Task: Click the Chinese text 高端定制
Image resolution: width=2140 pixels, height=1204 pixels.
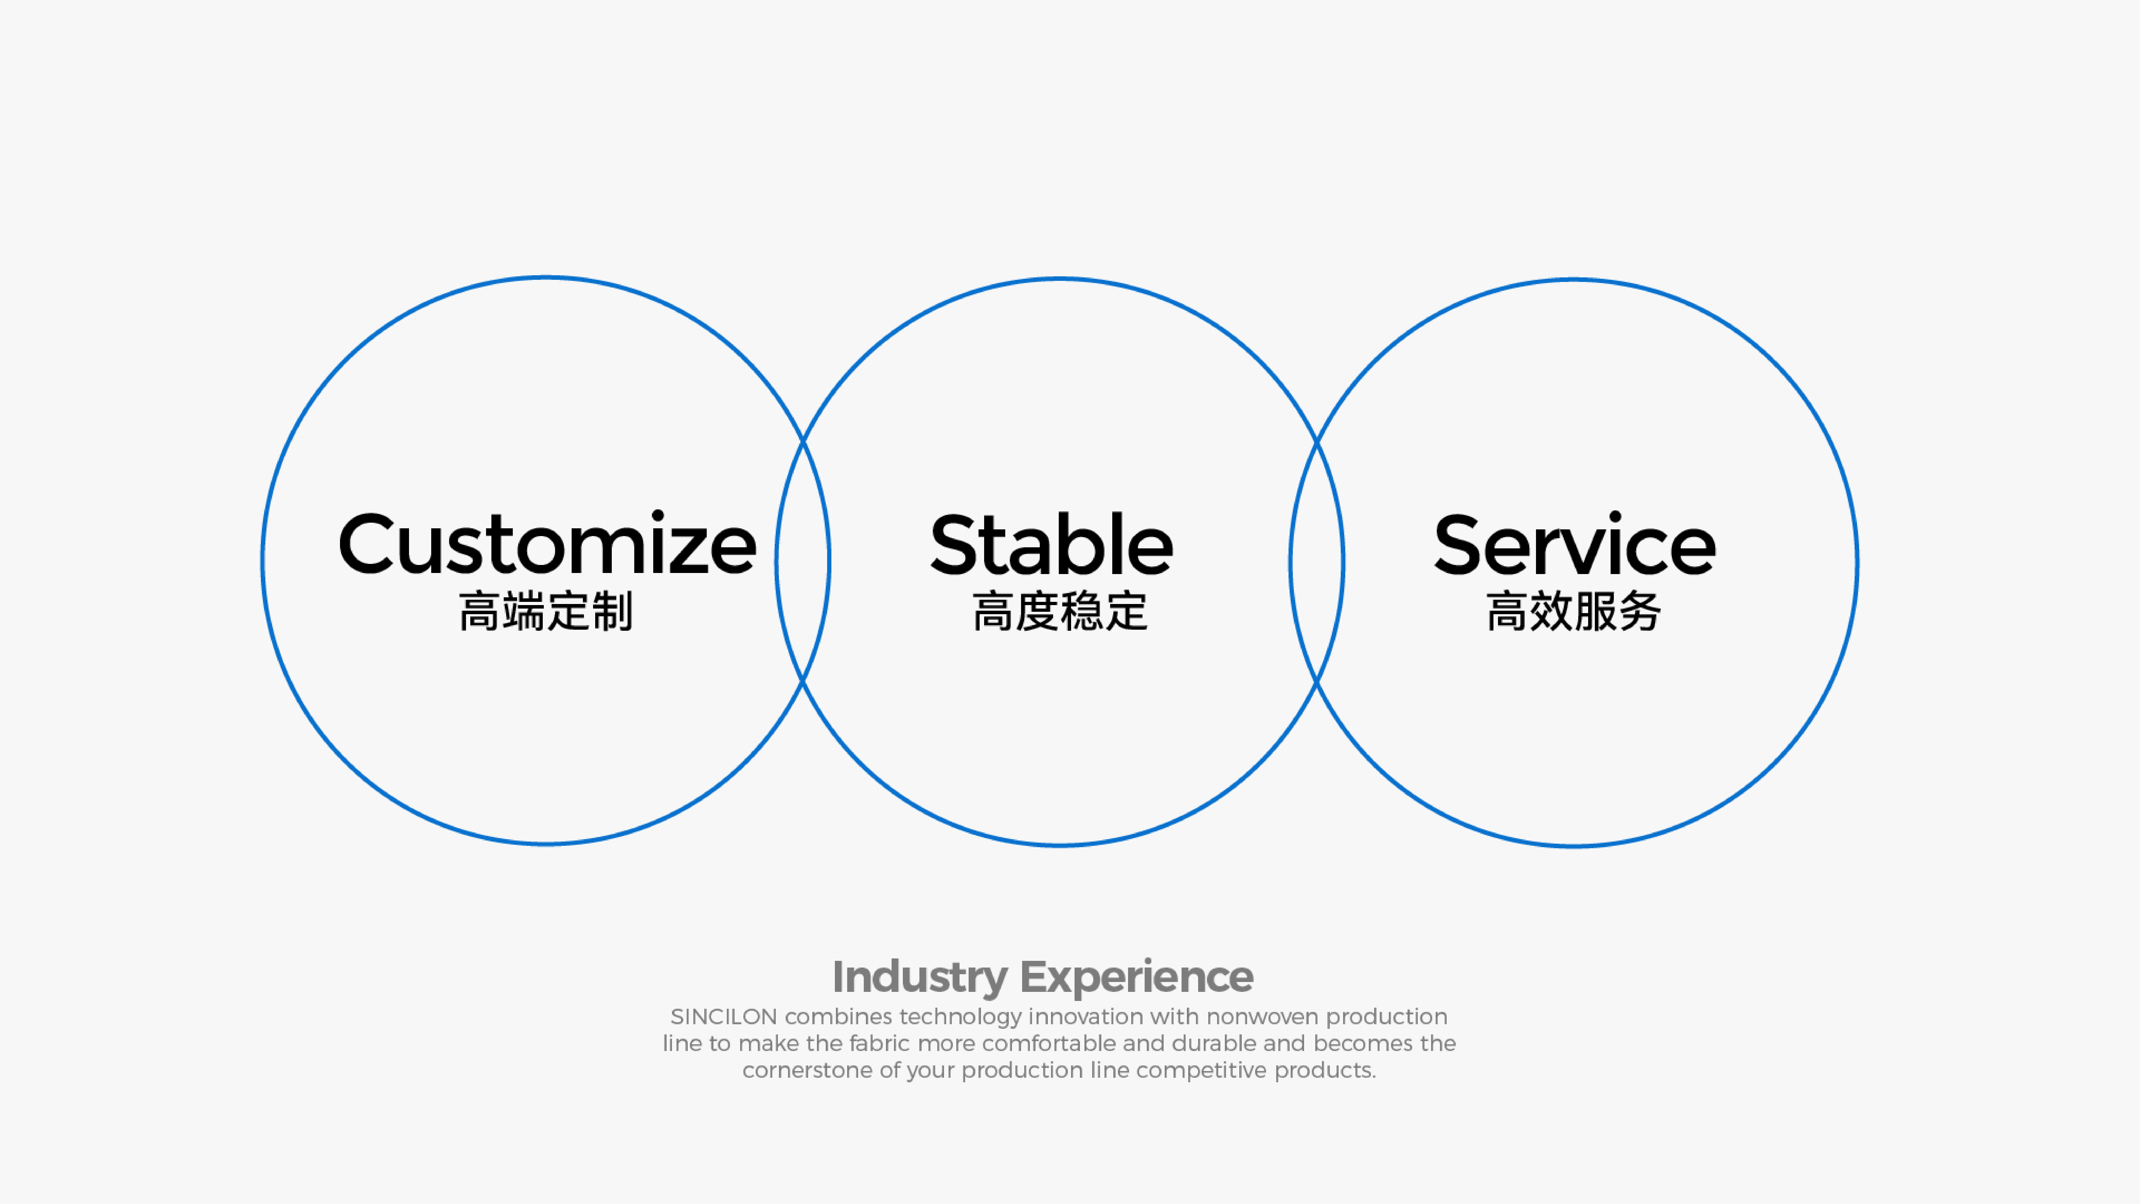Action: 546,611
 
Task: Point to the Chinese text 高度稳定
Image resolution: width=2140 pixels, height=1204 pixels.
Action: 1060,611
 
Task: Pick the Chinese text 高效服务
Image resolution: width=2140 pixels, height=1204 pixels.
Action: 1573,611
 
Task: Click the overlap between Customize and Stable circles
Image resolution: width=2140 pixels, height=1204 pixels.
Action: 802,561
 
